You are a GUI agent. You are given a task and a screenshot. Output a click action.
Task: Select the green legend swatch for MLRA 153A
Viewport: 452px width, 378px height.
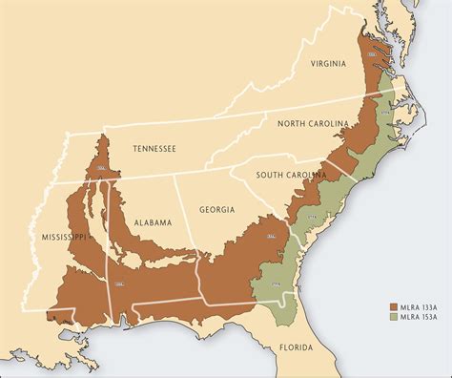click(x=392, y=321)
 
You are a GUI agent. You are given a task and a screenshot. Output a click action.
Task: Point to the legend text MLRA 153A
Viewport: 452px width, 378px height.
click(x=418, y=321)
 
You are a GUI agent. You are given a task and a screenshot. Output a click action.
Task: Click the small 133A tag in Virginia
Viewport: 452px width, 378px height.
click(x=370, y=56)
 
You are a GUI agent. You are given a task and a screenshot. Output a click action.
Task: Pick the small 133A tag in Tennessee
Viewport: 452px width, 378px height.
click(x=101, y=167)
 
